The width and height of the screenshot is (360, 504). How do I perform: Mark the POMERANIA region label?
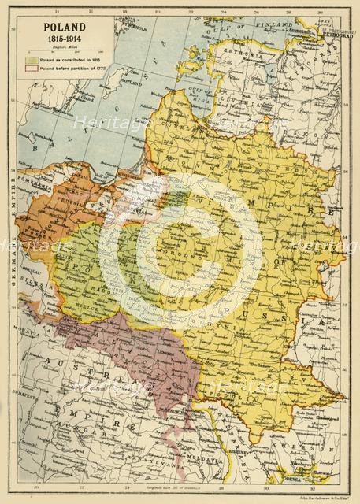point(39,183)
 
